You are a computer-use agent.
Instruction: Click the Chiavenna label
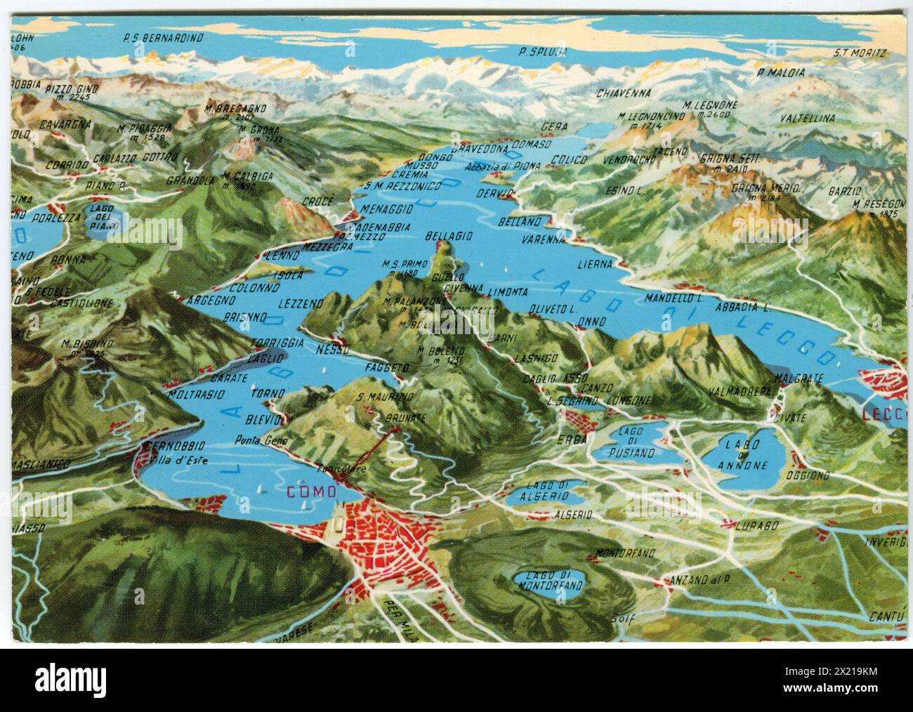(x=624, y=93)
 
